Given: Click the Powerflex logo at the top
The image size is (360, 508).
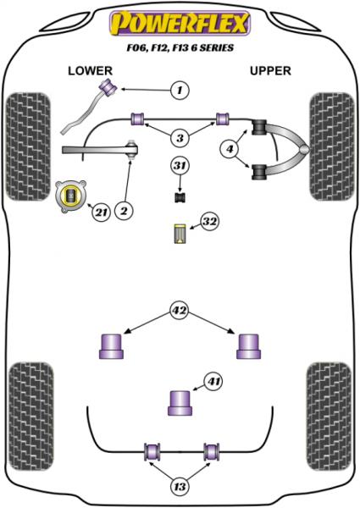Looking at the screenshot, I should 179,20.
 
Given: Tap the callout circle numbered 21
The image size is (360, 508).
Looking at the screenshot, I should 100,210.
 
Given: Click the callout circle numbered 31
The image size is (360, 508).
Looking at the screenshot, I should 179,165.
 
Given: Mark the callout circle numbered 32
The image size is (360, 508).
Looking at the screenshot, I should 209,223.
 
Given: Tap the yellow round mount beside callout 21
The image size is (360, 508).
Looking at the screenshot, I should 70,196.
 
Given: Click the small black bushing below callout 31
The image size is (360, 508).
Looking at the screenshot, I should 179,197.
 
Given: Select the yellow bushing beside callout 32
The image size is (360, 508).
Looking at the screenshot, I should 179,233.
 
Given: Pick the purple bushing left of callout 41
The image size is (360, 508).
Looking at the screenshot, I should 179,401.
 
